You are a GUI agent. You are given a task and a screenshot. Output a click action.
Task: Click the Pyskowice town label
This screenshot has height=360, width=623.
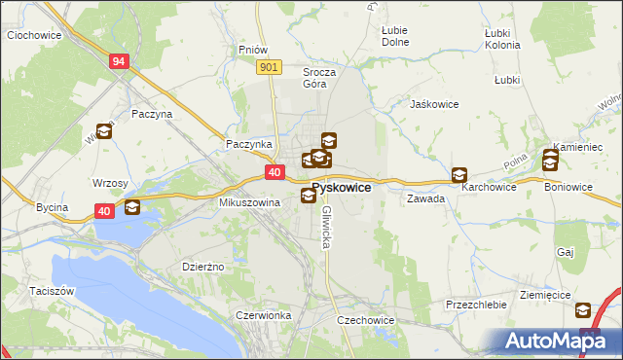click(x=341, y=187)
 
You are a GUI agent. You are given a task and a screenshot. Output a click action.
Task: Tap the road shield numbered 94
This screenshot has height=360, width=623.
click(x=119, y=61)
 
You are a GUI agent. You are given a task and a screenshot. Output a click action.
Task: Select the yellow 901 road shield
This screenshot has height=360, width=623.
click(x=271, y=66)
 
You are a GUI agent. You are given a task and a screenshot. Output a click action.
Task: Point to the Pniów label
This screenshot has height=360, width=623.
click(x=252, y=49)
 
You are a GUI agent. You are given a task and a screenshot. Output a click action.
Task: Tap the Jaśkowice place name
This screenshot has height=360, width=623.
click(x=434, y=104)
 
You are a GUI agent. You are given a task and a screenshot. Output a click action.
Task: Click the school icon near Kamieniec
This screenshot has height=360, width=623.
click(x=551, y=160)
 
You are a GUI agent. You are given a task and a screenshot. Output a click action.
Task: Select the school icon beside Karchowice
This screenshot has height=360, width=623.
click(x=458, y=175)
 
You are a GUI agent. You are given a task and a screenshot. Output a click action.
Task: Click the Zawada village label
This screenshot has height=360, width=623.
click(x=426, y=198)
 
